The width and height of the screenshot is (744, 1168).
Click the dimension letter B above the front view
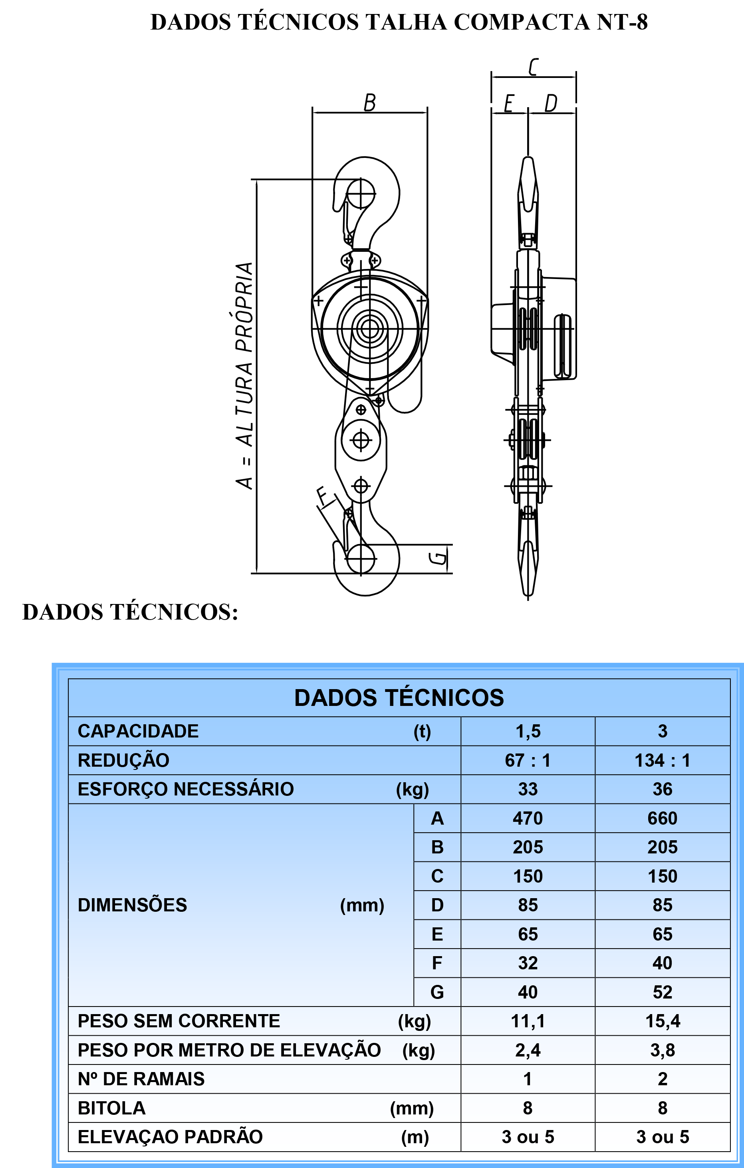pyautogui.click(x=370, y=103)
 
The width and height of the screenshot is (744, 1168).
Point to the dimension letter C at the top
pyautogui.click(x=533, y=67)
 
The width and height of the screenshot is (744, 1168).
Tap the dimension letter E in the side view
pyautogui.click(x=508, y=103)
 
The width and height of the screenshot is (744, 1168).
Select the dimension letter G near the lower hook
pyautogui.click(x=438, y=558)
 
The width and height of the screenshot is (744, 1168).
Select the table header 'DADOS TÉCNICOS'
pyautogui.click(x=399, y=698)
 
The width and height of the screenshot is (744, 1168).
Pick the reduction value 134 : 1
pyautogui.click(x=662, y=760)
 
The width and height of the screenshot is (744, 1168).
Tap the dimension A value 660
pyautogui.click(x=662, y=818)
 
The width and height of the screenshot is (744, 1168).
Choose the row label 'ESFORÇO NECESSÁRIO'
pyautogui.click(x=186, y=789)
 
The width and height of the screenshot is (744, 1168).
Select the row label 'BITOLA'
pyautogui.click(x=111, y=1108)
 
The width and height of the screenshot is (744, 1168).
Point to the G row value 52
pyautogui.click(x=662, y=992)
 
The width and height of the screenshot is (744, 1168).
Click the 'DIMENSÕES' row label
pyautogui.click(x=132, y=905)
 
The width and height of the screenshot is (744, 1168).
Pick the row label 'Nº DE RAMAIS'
pyautogui.click(x=141, y=1079)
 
